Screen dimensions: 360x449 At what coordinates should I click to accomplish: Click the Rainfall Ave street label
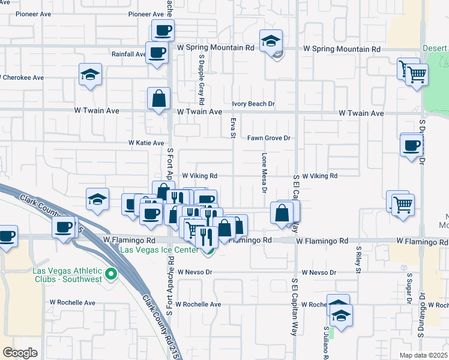tap(128, 54)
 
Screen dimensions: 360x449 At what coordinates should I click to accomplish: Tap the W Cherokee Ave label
tap(22, 77)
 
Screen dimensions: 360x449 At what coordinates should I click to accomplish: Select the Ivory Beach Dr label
tap(253, 104)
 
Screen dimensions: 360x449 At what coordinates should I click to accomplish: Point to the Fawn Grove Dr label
tap(269, 138)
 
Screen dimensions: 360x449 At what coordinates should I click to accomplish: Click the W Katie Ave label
tap(146, 143)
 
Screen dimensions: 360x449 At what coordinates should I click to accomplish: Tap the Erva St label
tap(233, 127)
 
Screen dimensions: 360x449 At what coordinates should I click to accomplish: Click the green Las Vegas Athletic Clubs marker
tap(110, 275)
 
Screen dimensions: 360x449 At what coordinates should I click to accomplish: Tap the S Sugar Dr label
tap(409, 287)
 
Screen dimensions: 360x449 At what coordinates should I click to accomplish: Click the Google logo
tap(20, 353)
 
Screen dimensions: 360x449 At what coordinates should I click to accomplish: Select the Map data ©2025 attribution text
tap(424, 355)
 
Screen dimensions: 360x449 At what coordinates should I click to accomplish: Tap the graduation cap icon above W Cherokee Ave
tap(90, 74)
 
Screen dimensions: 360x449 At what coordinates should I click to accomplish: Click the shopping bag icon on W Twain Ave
tap(158, 98)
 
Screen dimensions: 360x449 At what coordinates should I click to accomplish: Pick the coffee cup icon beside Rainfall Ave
tap(157, 52)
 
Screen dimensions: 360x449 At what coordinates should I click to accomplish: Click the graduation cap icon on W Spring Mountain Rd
tap(271, 41)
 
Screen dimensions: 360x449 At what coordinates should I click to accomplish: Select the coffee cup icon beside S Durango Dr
tap(412, 145)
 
